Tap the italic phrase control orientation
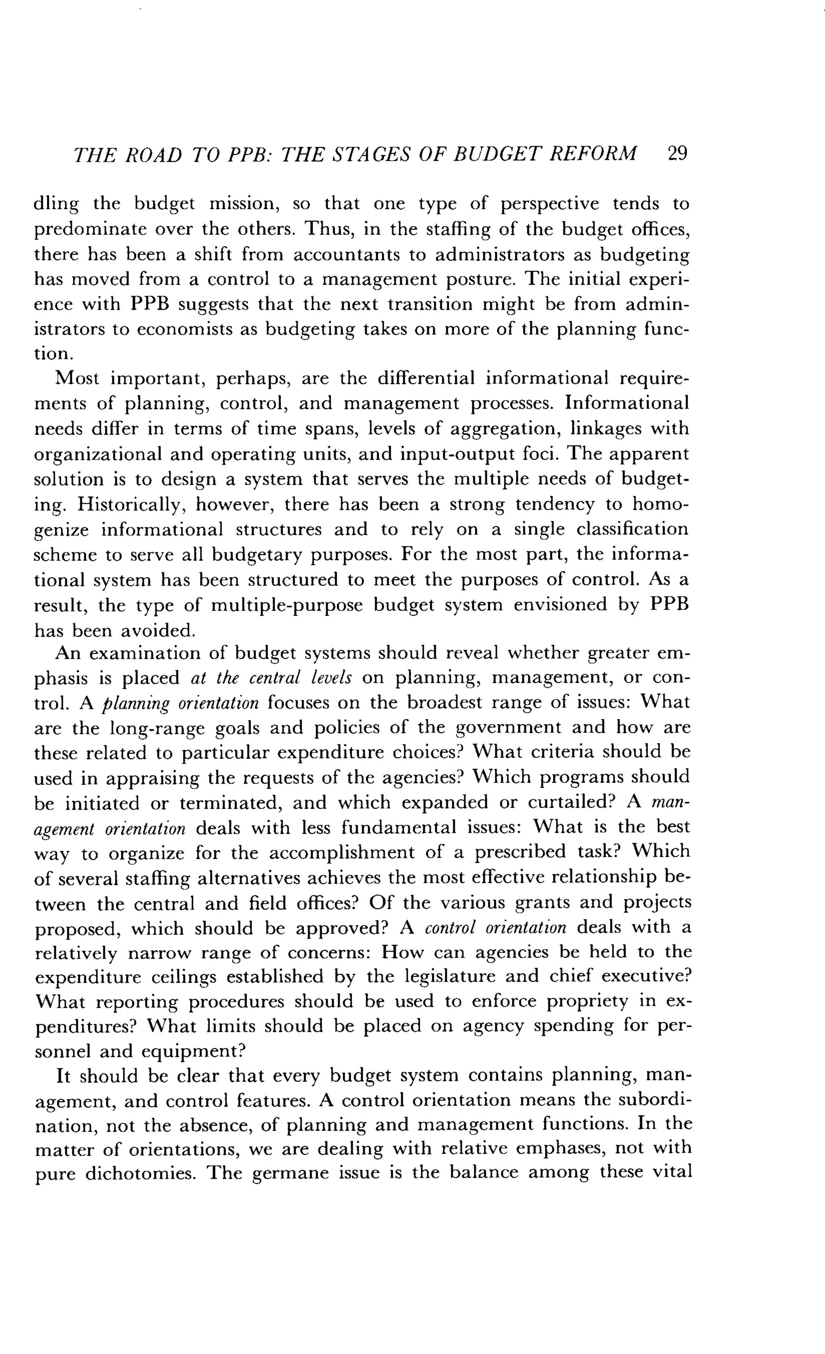pyautogui.click(x=495, y=928)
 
